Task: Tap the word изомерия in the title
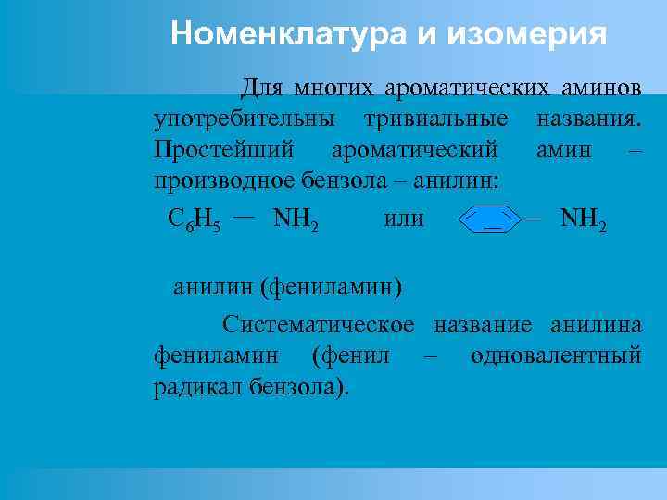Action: pyautogui.click(x=527, y=34)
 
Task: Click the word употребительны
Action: pyautogui.click(x=245, y=119)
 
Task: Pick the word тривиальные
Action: pyautogui.click(x=436, y=119)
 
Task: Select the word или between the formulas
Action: pyautogui.click(x=403, y=219)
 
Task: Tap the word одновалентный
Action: pyautogui.click(x=556, y=356)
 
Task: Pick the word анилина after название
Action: pyautogui.click(x=596, y=325)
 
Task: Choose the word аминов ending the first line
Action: pyautogui.click(x=601, y=89)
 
